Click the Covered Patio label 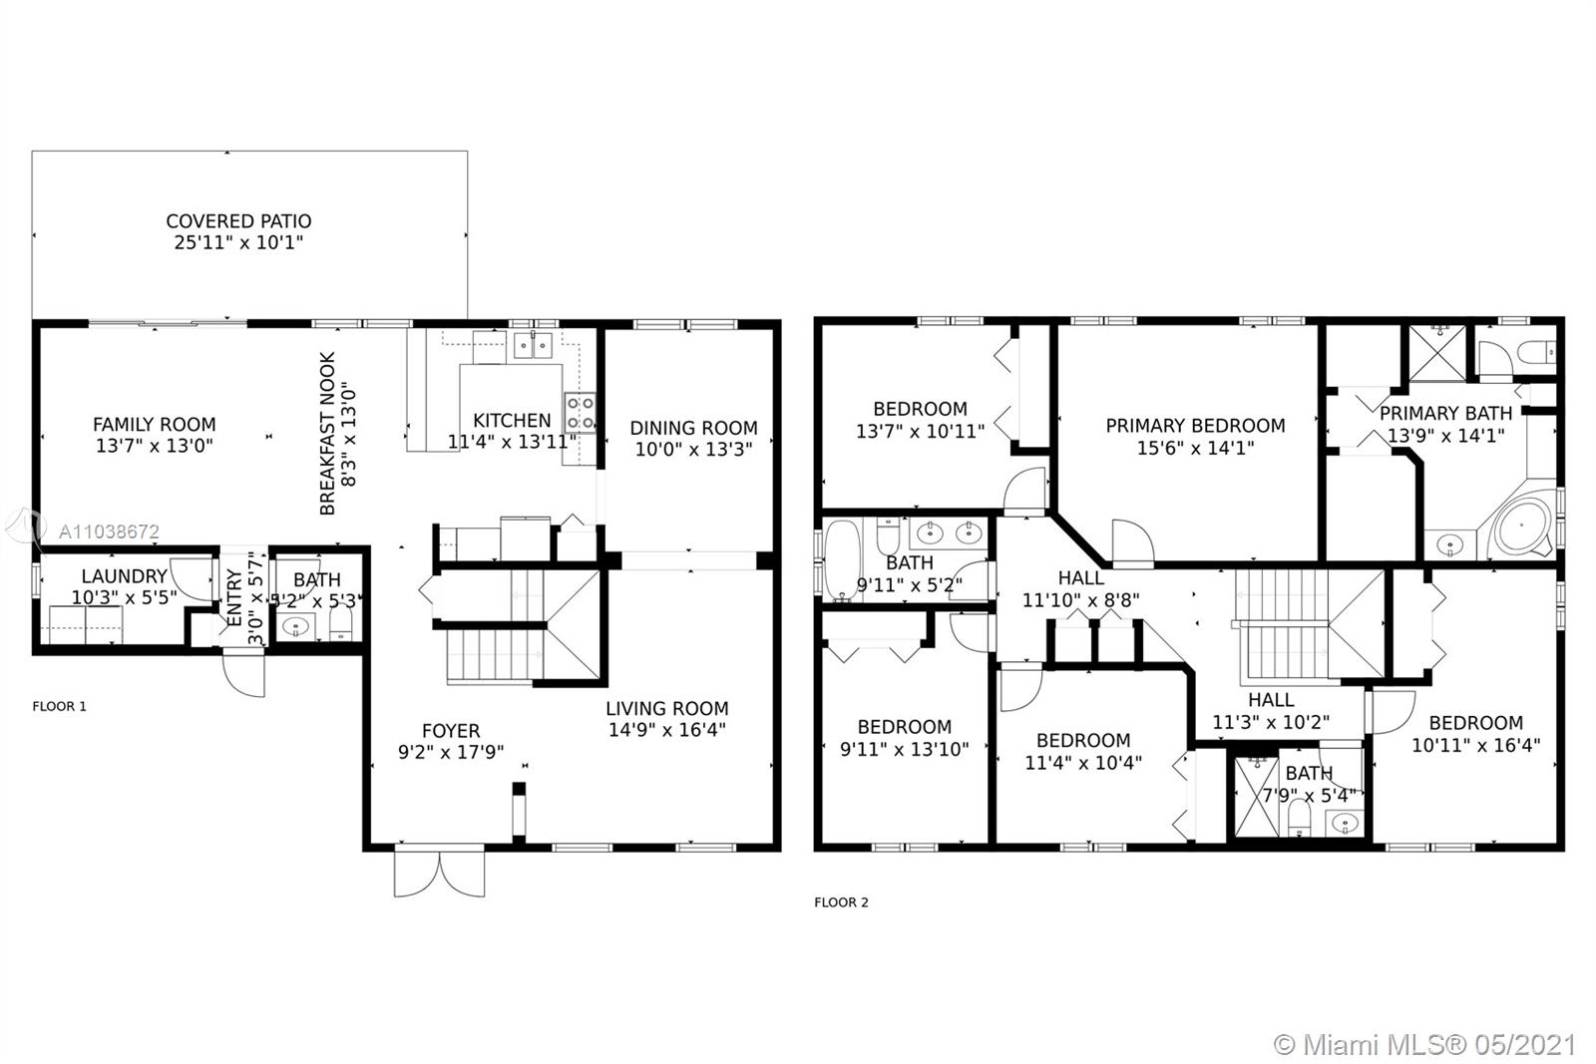238,221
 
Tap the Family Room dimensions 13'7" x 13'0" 155,447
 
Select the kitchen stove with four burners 580,413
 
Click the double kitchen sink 533,346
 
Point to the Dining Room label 693,428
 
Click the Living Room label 667,709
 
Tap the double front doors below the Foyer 440,872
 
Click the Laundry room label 124,576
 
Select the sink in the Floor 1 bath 295,626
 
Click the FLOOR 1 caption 59,706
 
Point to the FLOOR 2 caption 842,902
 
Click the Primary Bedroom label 1196,426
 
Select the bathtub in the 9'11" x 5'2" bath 842,559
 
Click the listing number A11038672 109,532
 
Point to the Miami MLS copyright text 1425,1045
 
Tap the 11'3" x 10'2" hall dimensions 1271,722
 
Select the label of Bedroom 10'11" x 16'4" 1476,723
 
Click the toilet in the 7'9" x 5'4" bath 1300,819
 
